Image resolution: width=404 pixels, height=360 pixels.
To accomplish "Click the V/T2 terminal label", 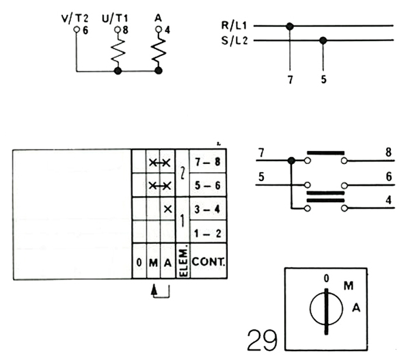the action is coord(75,18).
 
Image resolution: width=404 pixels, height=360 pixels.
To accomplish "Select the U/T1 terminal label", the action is coord(115,18).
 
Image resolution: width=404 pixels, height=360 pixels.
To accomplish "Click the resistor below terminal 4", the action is coord(158,52).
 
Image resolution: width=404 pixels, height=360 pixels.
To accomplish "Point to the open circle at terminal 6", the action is coord(77,29).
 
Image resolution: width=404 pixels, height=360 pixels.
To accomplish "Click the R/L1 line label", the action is coord(234,25).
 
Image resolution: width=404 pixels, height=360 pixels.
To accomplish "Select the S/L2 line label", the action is coord(234,40).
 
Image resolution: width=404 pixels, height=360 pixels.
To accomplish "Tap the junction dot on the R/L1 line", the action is coord(290,26).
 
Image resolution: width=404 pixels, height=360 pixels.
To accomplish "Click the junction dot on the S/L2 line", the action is coord(323,40).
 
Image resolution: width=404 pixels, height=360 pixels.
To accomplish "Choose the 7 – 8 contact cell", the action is coord(208,162).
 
